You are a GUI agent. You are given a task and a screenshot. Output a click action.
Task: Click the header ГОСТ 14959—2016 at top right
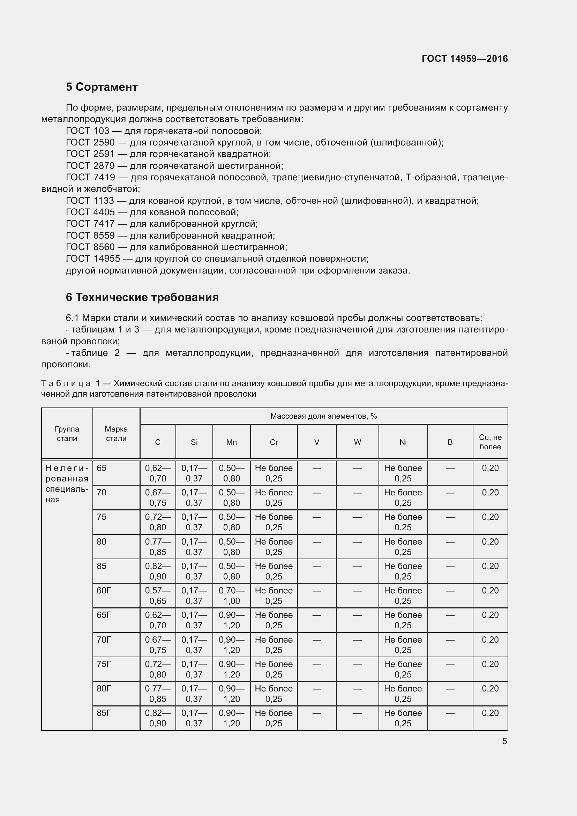[x=464, y=59]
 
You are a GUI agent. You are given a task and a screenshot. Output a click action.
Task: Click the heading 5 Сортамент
[x=102, y=87]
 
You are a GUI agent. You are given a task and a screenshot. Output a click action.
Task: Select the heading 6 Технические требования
[x=142, y=297]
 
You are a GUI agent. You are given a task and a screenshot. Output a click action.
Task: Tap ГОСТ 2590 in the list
[x=90, y=143]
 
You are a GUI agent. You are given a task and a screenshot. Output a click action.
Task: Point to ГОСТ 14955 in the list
[x=93, y=259]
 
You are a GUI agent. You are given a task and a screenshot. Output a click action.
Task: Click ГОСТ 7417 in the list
[x=90, y=224]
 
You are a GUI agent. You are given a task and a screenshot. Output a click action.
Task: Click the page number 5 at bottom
[x=504, y=741]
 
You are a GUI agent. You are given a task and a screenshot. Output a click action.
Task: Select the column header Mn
[x=231, y=442]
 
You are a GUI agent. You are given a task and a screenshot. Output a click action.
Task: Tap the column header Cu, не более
[x=490, y=442]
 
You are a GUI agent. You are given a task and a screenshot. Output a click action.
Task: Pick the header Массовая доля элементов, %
[x=323, y=416]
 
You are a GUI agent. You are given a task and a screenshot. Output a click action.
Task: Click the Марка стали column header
[x=116, y=434]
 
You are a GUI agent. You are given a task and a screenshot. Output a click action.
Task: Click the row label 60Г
[x=104, y=590]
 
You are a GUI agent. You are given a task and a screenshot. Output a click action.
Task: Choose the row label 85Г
[x=104, y=713]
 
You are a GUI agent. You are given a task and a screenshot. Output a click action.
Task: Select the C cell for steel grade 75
[x=158, y=522]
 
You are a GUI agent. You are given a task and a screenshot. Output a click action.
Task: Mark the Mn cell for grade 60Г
[x=231, y=595]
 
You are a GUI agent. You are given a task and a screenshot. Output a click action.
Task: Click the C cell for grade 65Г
[x=158, y=620]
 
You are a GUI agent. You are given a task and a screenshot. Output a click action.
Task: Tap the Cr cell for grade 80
[x=273, y=547]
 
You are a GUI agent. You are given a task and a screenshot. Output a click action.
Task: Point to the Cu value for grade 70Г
[x=490, y=640]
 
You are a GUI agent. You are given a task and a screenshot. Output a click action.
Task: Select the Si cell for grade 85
[x=194, y=571]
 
